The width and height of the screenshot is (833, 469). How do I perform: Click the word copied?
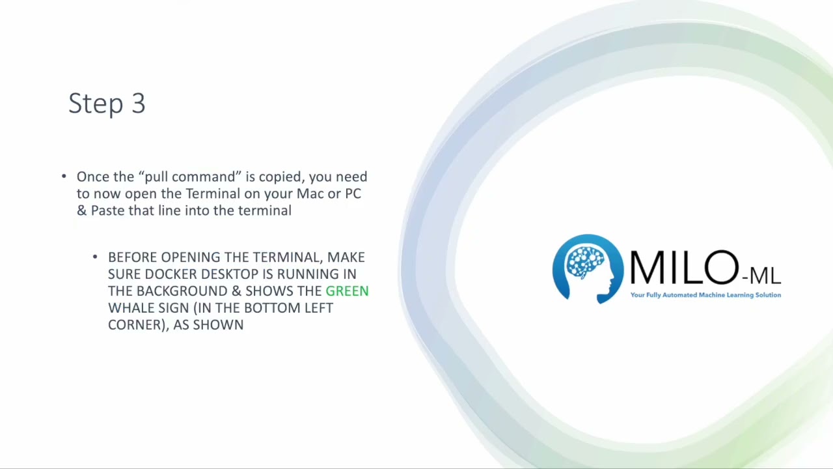pos(282,177)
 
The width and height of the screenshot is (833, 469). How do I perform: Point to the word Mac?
pos(310,193)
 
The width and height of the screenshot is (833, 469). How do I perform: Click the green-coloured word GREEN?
pos(347,291)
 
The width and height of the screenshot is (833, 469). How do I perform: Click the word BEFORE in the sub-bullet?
pos(133,257)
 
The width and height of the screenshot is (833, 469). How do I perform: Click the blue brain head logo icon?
pos(588,269)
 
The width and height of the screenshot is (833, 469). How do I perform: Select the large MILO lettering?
pos(683,268)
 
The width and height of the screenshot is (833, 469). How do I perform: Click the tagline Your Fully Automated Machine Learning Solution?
pos(705,295)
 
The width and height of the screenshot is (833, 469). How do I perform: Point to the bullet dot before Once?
pos(64,177)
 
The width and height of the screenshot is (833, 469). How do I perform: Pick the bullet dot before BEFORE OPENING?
pos(95,257)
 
